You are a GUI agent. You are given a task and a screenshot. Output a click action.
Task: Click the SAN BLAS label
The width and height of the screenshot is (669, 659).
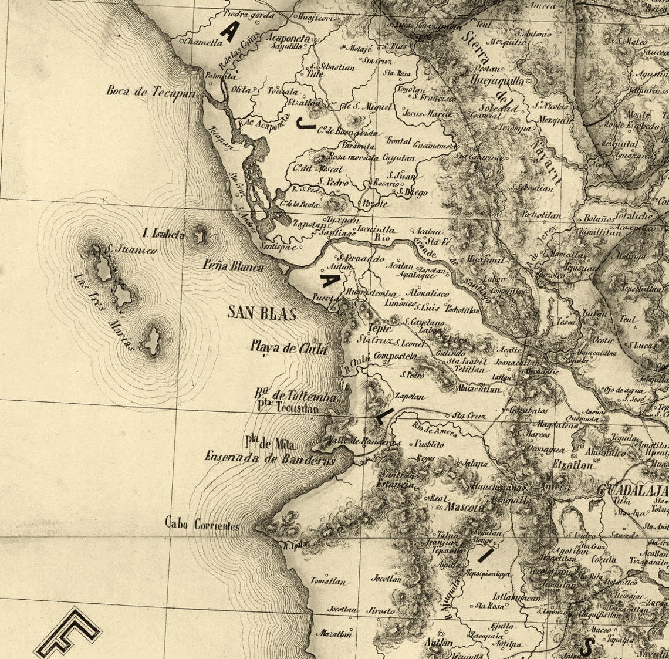[x=262, y=313]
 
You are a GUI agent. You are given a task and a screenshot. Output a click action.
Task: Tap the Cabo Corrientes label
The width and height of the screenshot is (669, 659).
[x=202, y=524]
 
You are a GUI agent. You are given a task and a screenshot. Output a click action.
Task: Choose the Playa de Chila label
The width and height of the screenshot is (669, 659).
[x=288, y=347]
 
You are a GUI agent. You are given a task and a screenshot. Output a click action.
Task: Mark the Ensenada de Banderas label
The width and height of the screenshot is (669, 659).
[x=270, y=459]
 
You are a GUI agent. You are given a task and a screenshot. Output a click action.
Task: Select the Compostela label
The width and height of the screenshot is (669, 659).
[x=395, y=356]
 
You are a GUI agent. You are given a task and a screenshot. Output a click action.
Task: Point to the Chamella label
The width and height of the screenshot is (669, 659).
[x=203, y=42]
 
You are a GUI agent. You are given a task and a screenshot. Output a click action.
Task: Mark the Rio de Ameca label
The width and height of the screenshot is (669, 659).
[x=435, y=430]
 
